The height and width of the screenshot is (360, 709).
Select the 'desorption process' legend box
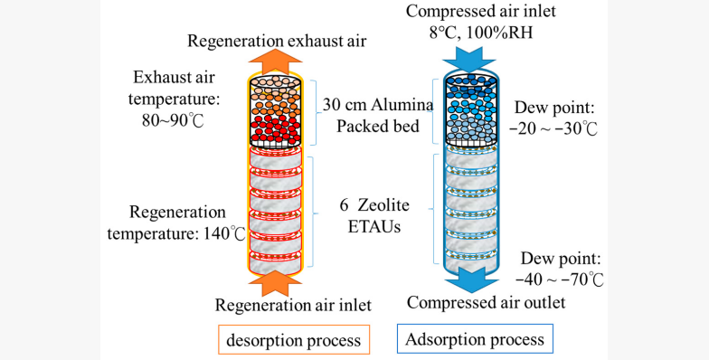pos(305,340)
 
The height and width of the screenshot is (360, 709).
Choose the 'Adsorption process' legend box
pos(475,340)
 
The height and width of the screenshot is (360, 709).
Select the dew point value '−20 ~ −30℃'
pos(553,128)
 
